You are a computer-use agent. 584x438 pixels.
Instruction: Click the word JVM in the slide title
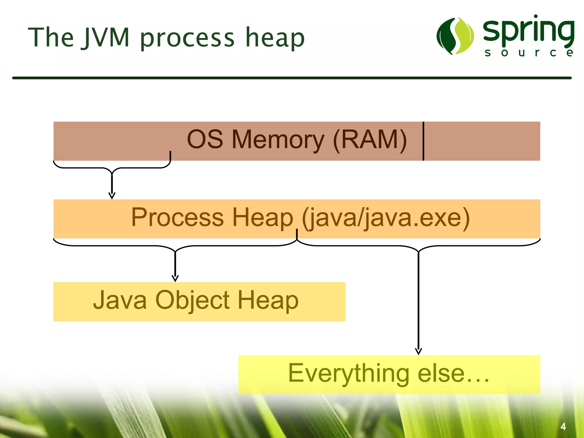click(x=106, y=38)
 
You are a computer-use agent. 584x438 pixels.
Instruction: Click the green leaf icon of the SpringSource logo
click(x=455, y=36)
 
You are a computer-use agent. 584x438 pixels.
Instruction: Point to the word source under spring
click(x=529, y=53)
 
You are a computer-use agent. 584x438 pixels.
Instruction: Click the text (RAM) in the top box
click(x=370, y=140)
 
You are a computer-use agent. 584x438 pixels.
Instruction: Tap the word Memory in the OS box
click(x=278, y=140)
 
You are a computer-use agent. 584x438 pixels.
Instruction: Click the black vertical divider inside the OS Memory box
click(x=423, y=141)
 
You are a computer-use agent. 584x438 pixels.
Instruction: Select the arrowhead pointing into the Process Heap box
click(x=112, y=196)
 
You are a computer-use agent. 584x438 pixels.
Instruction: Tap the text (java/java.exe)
click(x=386, y=218)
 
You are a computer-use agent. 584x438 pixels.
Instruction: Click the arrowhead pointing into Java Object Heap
click(x=175, y=278)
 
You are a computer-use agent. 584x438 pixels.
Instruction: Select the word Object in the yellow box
click(x=192, y=301)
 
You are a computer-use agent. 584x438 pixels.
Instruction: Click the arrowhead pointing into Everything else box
click(x=418, y=351)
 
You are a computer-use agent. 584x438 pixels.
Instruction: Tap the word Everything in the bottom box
click(x=348, y=373)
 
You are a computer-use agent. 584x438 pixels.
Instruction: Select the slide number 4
click(x=563, y=426)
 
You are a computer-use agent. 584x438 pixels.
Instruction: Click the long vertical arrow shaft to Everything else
click(x=418, y=299)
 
